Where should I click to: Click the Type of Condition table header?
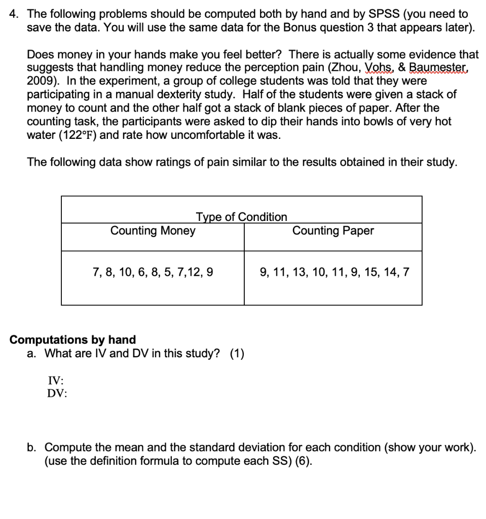241,217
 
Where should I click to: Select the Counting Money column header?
153,231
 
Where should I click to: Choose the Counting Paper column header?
333,231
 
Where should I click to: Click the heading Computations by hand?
73,340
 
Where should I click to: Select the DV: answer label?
57,393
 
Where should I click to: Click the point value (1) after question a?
237,353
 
